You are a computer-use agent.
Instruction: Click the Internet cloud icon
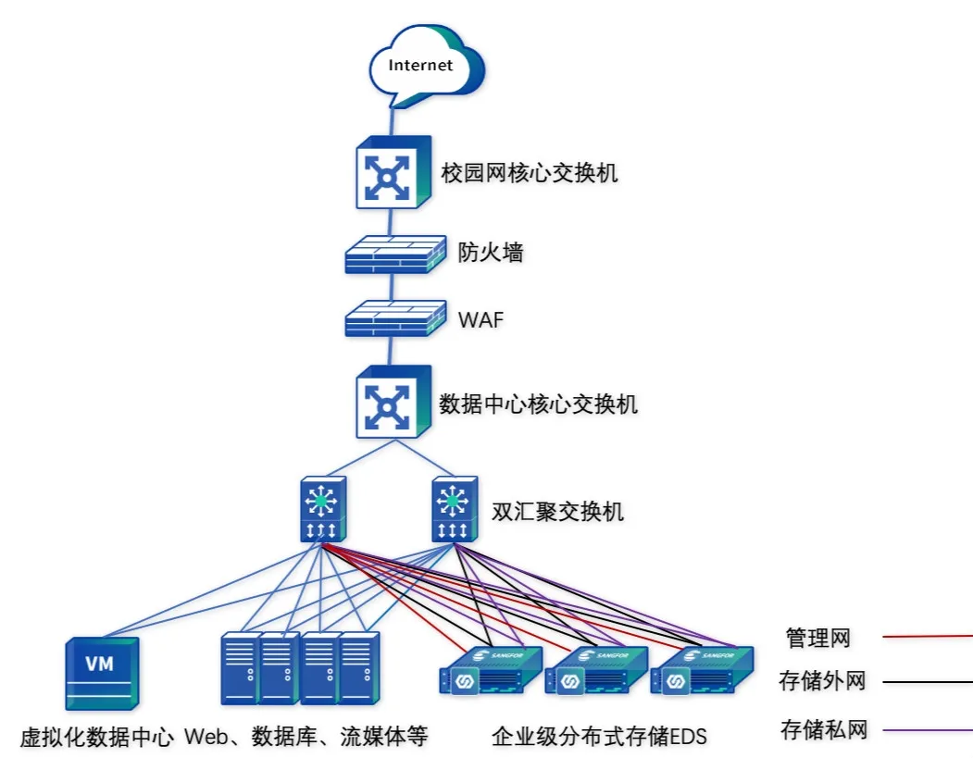click(x=425, y=66)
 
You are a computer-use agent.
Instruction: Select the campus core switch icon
click(x=393, y=172)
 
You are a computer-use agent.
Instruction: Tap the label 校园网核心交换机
click(x=529, y=173)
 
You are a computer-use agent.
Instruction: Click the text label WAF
click(x=481, y=321)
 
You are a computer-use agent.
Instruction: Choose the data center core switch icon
click(x=393, y=402)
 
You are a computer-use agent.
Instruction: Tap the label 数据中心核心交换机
click(x=538, y=404)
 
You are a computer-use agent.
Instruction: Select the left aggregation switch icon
click(x=322, y=509)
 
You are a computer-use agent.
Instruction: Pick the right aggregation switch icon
click(x=453, y=509)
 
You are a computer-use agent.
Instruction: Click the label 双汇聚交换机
click(x=557, y=512)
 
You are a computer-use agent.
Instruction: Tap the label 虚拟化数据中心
click(x=97, y=738)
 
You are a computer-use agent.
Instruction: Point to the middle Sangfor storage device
click(x=593, y=670)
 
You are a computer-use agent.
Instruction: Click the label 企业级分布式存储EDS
click(x=599, y=738)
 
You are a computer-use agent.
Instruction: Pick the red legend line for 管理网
click(x=927, y=637)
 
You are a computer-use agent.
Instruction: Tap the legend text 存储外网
click(x=823, y=682)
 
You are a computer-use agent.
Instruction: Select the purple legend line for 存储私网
click(x=927, y=731)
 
